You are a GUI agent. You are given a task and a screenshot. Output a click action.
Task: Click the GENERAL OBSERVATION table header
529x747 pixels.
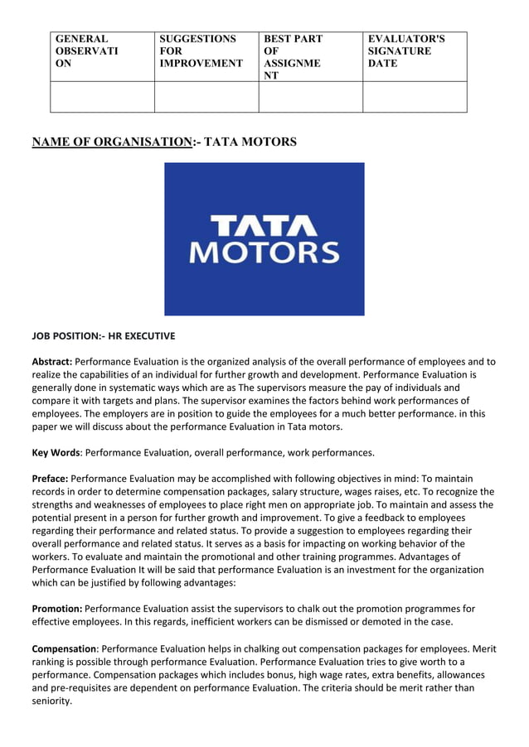click(x=86, y=51)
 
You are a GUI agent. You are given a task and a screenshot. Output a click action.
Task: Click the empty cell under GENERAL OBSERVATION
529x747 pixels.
click(x=102, y=97)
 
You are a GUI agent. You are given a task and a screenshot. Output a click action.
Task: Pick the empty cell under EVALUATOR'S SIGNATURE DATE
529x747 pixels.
click(x=415, y=97)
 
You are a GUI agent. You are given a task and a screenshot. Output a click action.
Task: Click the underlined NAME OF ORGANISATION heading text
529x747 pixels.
click(x=111, y=142)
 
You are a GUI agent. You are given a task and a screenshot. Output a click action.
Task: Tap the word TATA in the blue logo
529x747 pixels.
click(x=264, y=225)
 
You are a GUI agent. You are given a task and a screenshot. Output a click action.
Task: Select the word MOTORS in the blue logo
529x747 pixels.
click(x=264, y=252)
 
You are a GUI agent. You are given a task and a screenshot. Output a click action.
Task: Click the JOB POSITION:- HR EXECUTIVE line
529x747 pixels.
click(x=103, y=337)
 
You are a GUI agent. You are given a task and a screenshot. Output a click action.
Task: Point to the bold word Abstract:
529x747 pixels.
click(x=51, y=362)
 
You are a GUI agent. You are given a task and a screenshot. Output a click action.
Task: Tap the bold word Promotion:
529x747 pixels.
click(x=57, y=609)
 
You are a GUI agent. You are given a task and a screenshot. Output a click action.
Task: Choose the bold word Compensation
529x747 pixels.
click(x=64, y=648)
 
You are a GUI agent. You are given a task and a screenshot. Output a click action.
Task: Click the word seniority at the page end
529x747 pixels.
click(x=51, y=701)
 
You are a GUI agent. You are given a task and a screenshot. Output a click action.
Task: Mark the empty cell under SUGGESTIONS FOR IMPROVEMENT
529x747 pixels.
click(x=206, y=97)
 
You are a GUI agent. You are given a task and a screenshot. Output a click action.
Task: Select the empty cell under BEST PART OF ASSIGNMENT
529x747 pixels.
click(x=310, y=97)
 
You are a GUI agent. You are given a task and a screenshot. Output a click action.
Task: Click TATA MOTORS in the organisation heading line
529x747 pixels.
click(x=250, y=142)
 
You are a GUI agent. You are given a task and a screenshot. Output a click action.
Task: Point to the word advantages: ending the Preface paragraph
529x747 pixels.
click(x=208, y=582)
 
